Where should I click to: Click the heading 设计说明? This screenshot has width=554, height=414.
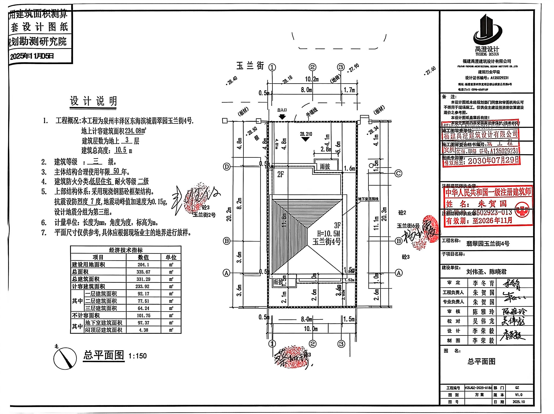point(93,101)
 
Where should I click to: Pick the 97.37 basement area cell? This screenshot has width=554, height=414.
point(143,323)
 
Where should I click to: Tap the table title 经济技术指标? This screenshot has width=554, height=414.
point(126,250)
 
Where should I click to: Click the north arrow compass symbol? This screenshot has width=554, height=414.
point(65,359)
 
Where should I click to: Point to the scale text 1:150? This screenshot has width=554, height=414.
point(138,356)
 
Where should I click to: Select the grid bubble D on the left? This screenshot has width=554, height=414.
point(226,167)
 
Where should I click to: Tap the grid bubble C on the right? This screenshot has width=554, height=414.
point(398,173)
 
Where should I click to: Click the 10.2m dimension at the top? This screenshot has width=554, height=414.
point(312,79)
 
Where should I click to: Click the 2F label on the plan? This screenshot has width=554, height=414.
point(281,174)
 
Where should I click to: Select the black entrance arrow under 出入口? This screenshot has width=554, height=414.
point(282,117)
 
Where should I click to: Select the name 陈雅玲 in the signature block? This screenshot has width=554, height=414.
point(483,312)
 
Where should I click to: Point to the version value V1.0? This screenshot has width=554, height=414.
point(518,395)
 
